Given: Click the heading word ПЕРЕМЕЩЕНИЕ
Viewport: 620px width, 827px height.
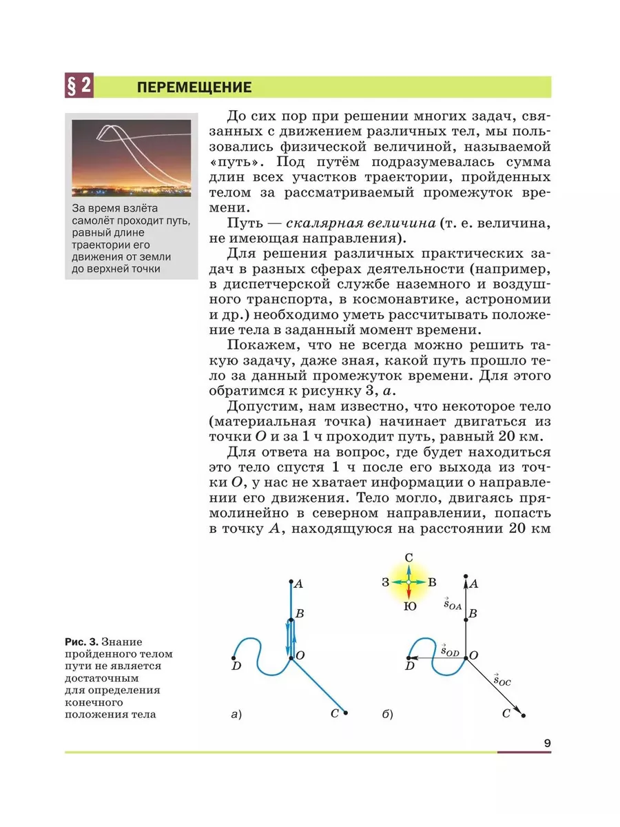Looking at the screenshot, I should coord(194,88).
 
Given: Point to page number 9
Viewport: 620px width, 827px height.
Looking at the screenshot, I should coord(547,743).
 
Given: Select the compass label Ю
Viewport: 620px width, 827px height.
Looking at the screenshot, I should coord(409,607).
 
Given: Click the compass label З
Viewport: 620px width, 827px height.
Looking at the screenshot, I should coord(386,582).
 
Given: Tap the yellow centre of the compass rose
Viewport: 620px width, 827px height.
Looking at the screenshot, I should coord(409,582).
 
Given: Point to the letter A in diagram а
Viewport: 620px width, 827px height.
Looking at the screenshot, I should coord(298,584).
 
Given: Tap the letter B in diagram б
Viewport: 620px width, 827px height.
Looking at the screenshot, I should coord(473,613).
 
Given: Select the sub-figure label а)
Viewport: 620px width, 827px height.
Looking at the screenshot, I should coord(236,715).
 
